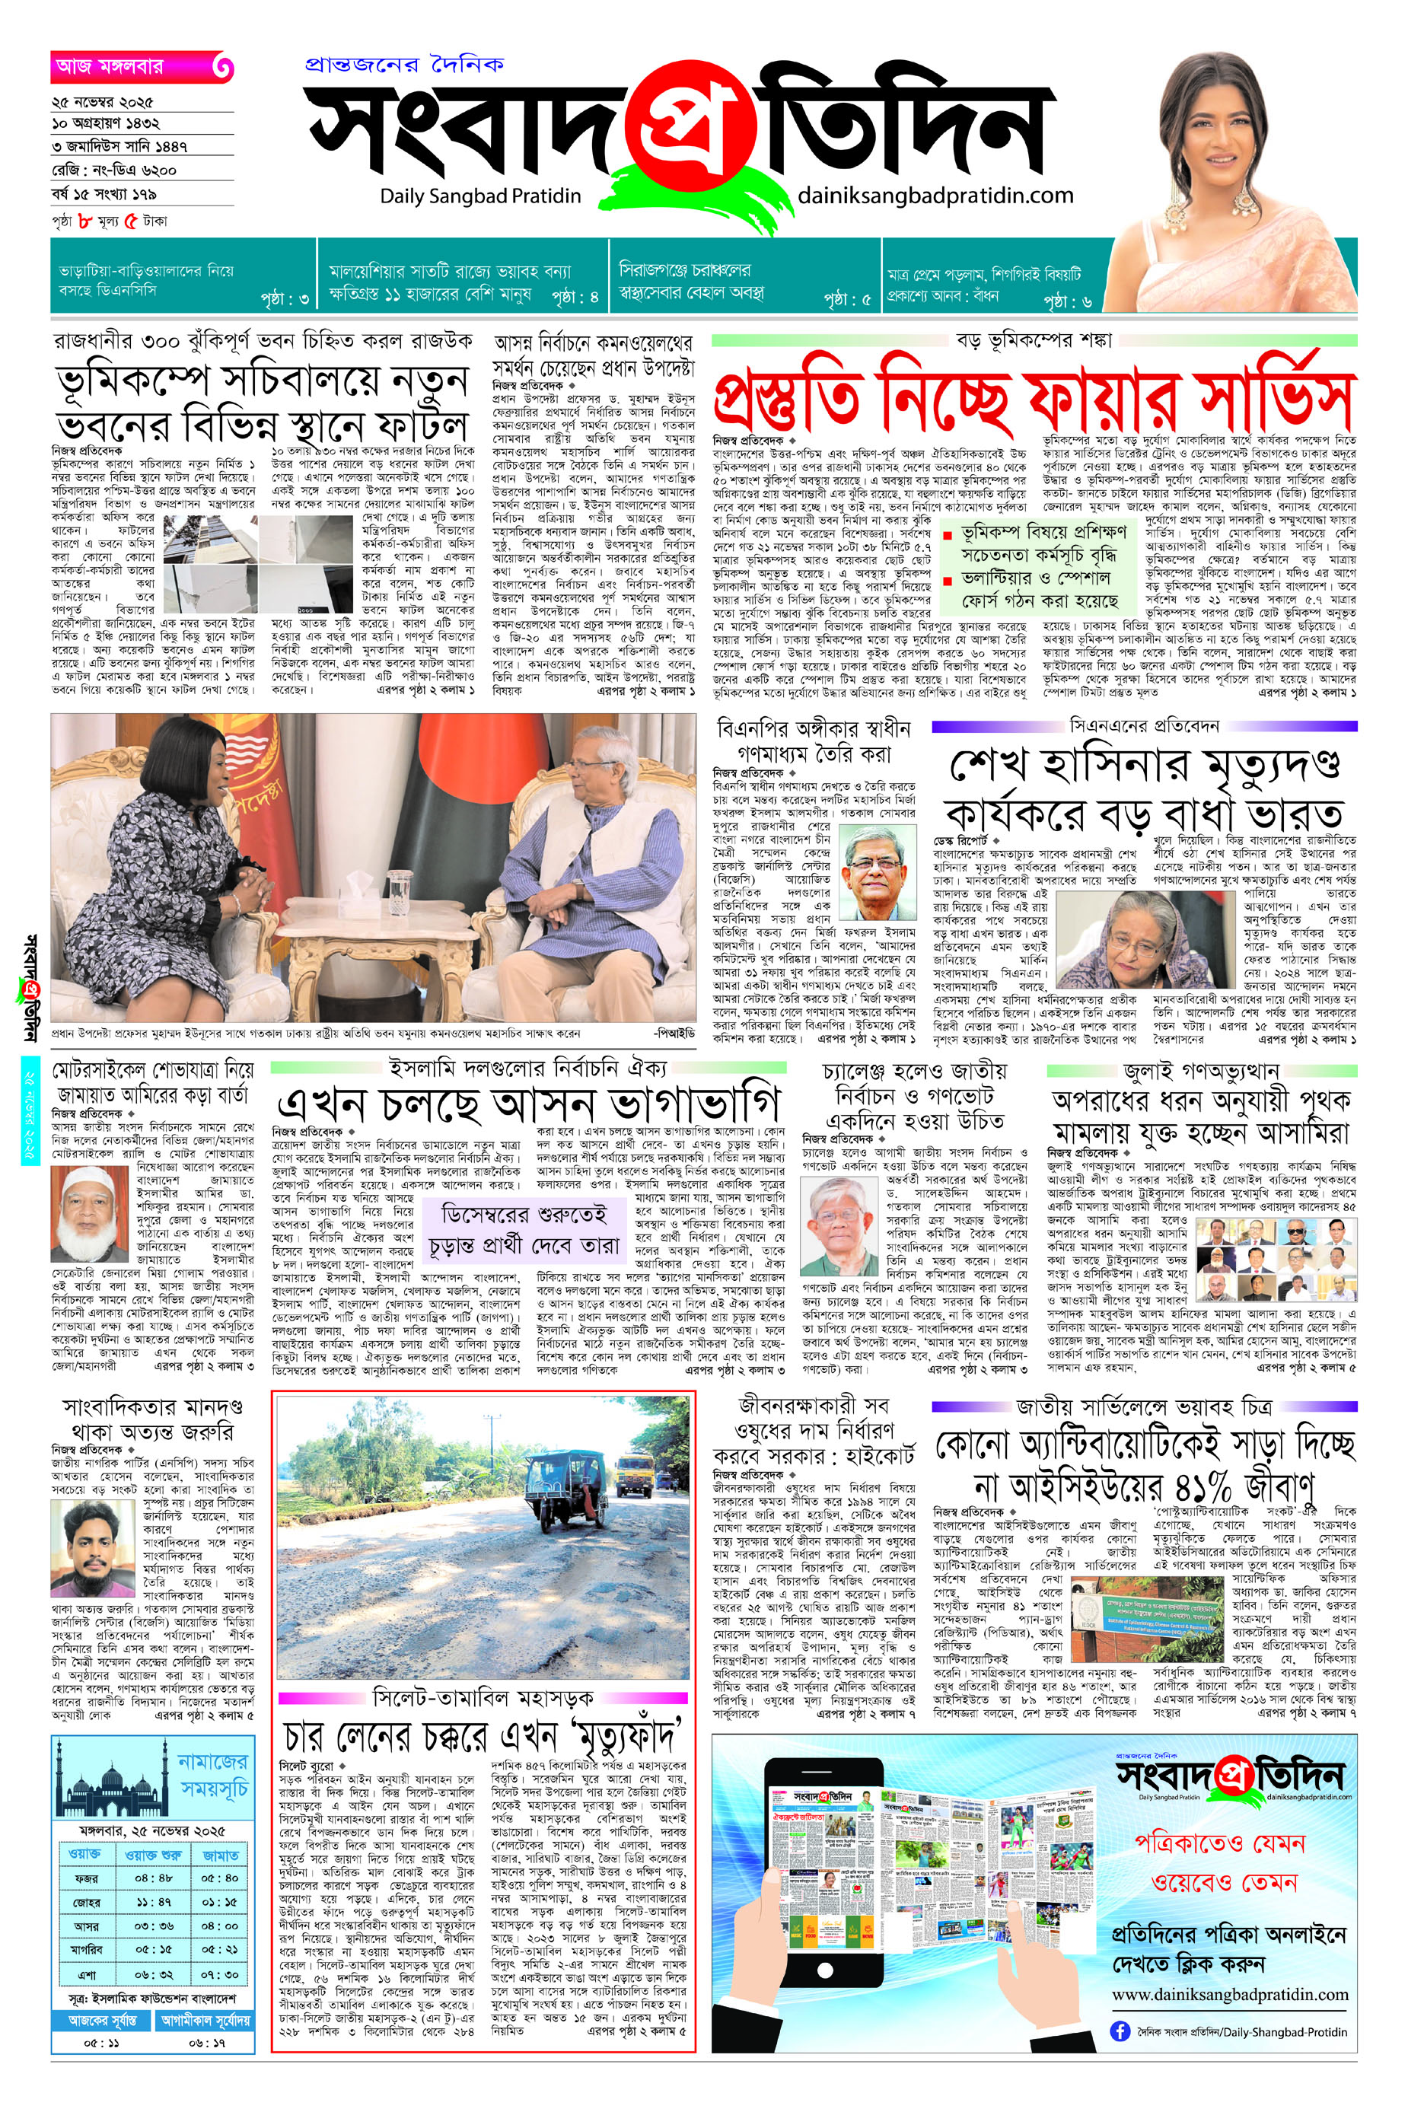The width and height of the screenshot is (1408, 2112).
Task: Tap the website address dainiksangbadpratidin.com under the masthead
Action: pos(935,195)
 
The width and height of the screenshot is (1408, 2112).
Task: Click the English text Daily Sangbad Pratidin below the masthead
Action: pos(480,196)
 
